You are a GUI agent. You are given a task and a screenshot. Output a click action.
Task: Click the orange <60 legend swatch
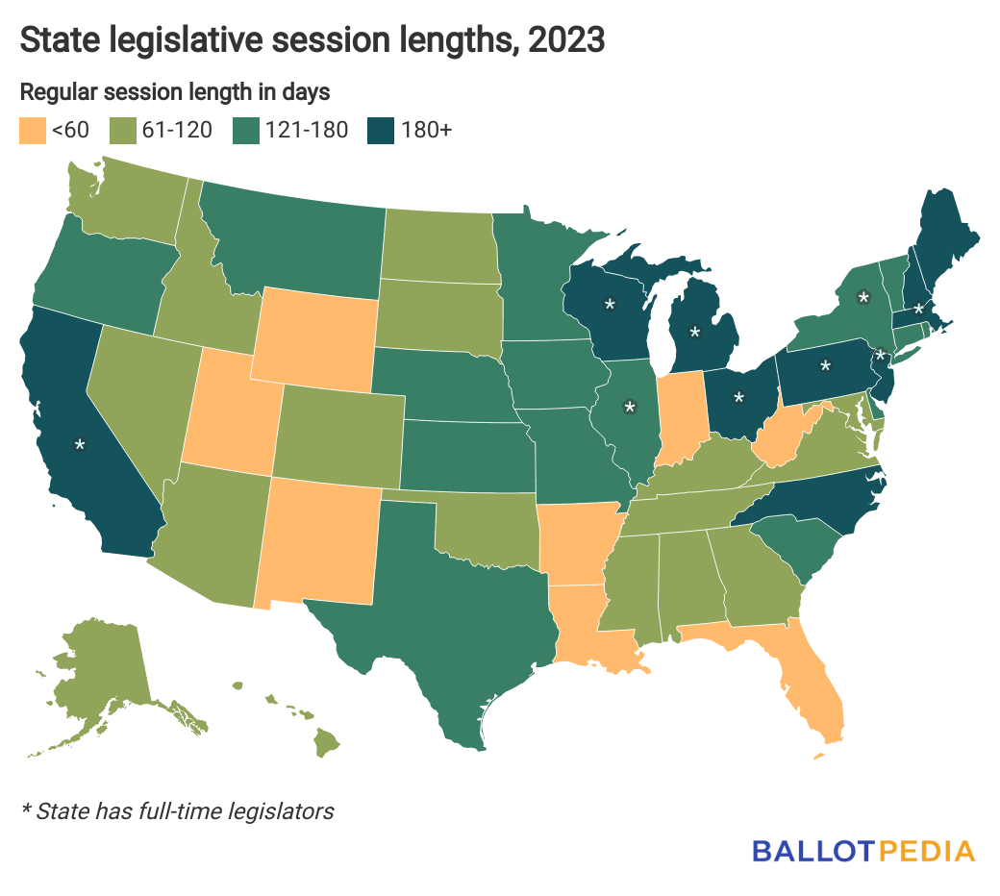(33, 130)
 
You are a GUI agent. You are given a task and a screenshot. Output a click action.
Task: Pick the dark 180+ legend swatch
(379, 130)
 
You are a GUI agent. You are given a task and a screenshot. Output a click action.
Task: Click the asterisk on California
(81, 445)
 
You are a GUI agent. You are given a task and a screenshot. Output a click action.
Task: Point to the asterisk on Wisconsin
(609, 305)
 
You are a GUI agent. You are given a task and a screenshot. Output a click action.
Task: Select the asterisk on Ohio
(738, 396)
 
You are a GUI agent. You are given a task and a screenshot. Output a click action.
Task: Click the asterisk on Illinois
(630, 408)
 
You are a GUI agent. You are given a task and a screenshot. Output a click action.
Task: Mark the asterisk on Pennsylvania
(825, 366)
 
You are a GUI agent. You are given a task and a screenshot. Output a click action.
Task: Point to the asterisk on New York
(863, 298)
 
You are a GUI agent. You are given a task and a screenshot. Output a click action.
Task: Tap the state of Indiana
(680, 413)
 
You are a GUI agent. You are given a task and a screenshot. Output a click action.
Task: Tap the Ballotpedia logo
(862, 851)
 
